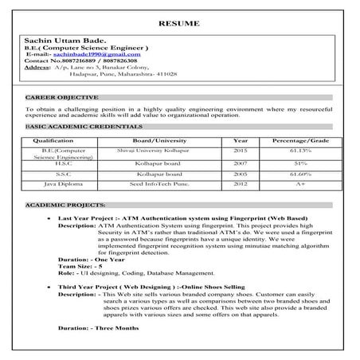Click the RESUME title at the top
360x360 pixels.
[179, 23]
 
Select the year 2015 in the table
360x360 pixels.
[240, 150]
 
